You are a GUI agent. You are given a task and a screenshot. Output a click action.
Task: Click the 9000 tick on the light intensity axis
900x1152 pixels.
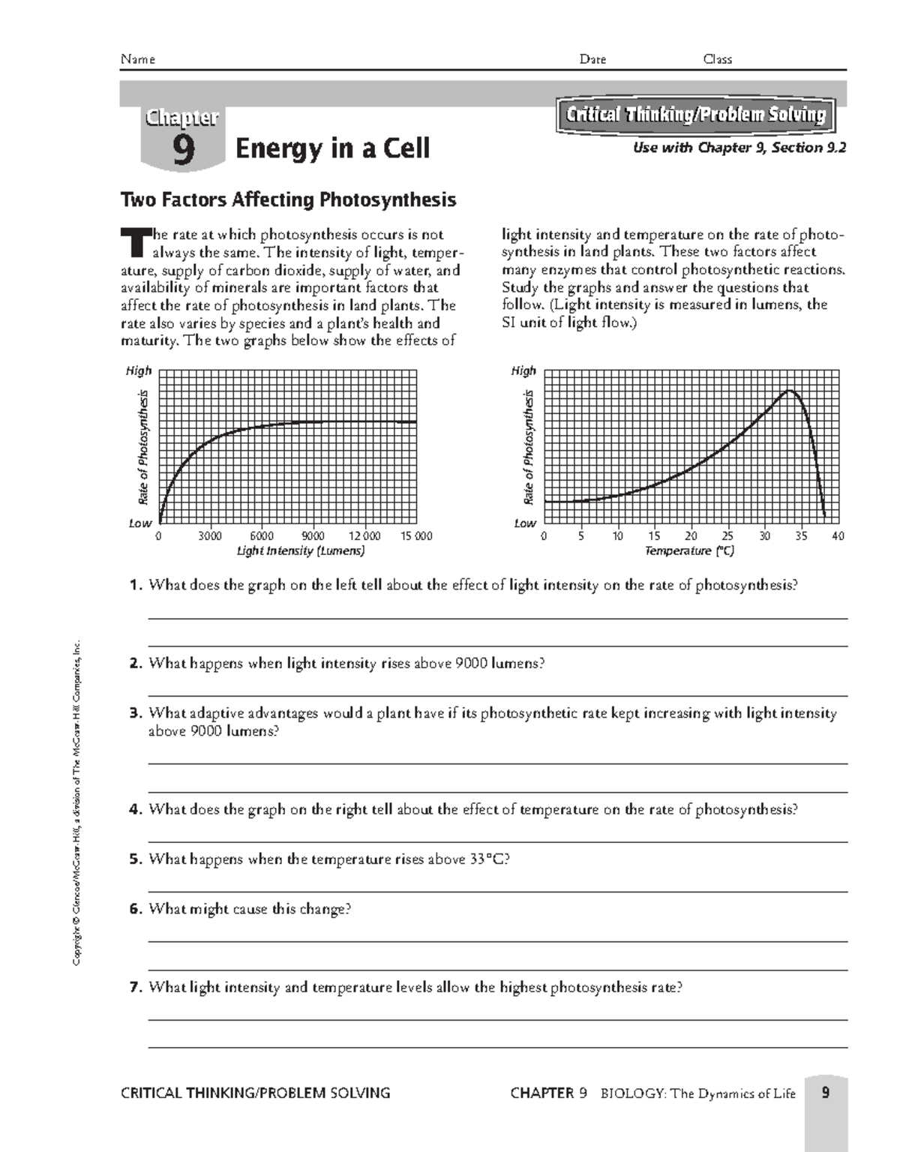(313, 536)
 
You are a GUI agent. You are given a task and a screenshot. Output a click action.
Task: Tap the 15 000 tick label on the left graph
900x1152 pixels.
(416, 536)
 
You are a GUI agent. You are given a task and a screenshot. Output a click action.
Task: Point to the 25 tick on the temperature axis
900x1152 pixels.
(727, 536)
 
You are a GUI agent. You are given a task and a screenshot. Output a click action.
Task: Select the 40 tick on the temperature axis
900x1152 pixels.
(838, 536)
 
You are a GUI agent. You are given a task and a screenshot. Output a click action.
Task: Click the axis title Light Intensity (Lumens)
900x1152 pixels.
(301, 551)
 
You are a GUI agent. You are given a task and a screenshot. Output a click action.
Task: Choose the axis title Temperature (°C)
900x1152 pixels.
(689, 551)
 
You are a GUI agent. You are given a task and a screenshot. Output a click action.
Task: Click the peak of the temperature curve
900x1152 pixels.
(788, 390)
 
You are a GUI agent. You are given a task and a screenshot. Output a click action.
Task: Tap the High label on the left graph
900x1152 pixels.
(139, 370)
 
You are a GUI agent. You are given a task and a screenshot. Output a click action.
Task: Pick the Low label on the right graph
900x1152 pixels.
(524, 523)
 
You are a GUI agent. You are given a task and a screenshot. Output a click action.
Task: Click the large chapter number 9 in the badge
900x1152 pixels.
(183, 149)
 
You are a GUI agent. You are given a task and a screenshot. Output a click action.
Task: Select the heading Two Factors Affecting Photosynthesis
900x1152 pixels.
(288, 200)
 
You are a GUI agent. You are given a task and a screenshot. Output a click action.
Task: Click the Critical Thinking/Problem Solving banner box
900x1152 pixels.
(695, 115)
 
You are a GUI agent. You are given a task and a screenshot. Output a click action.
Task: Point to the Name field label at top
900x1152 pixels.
(137, 59)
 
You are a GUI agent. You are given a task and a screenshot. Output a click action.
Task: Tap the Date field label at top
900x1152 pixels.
(592, 59)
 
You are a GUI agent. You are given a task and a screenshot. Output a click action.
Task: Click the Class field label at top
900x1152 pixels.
(717, 59)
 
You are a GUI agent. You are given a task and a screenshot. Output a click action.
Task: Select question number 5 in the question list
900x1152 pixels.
(135, 859)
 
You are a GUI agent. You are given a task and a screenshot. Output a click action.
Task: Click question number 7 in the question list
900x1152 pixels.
(135, 988)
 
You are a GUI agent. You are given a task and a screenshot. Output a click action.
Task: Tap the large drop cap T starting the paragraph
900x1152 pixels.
(135, 243)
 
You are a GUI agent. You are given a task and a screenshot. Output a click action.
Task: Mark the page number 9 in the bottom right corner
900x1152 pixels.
(825, 1093)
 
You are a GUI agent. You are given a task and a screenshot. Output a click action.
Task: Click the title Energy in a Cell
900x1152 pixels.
(332, 148)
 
